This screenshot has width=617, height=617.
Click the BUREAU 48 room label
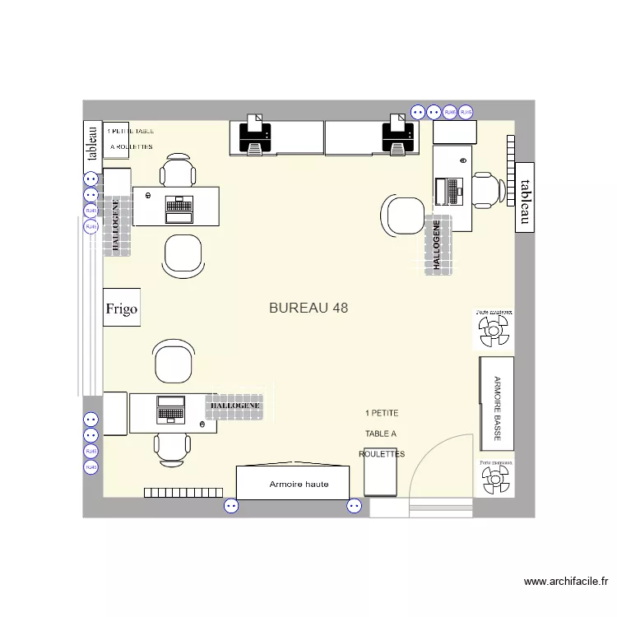(x=308, y=308)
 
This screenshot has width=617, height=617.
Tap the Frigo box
(x=121, y=309)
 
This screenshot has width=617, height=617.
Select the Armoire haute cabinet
(x=299, y=484)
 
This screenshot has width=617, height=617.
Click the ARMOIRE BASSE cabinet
(x=496, y=403)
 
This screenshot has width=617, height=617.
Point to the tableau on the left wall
(x=91, y=141)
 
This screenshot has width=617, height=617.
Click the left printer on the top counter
(x=256, y=134)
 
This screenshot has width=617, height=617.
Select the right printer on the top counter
(x=398, y=134)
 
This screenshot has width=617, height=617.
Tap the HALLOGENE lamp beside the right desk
(x=438, y=245)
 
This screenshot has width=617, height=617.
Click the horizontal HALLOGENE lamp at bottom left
(x=235, y=406)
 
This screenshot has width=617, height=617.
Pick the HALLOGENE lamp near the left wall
(x=116, y=226)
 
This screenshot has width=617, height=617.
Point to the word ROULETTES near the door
(x=382, y=454)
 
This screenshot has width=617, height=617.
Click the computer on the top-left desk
(x=178, y=206)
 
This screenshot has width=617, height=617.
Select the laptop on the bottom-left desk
(x=171, y=409)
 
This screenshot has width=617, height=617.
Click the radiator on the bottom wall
(x=183, y=493)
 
